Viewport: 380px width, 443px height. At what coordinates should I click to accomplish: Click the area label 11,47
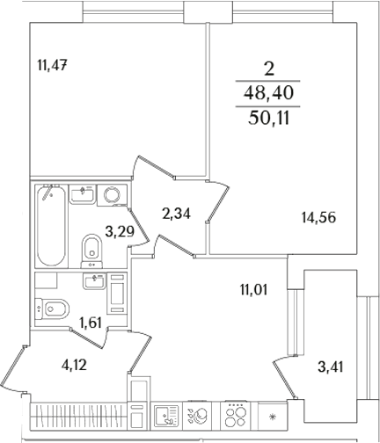(x=53, y=64)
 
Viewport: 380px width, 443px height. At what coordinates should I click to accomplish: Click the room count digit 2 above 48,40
(x=271, y=68)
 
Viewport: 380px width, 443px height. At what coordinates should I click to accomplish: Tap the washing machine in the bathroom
(x=112, y=195)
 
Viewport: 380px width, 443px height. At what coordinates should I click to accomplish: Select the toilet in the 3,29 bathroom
(x=90, y=248)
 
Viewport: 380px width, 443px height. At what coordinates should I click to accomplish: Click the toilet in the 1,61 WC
(x=55, y=309)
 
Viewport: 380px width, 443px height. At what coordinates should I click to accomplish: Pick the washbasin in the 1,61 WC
(x=93, y=281)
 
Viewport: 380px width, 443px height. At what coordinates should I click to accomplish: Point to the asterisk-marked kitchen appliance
(x=272, y=416)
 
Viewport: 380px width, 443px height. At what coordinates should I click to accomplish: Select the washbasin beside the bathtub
(x=84, y=193)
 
